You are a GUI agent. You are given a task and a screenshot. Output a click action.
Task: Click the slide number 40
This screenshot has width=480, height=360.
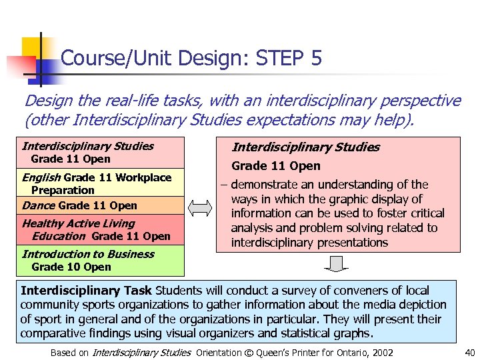pyautogui.click(x=469, y=353)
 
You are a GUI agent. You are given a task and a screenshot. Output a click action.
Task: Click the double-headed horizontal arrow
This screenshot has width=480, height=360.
pyautogui.click(x=199, y=209)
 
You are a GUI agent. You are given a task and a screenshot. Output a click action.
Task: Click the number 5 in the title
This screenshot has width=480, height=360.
pyautogui.click(x=316, y=59)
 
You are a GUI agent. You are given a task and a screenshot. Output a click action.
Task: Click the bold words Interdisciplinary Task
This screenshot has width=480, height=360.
pyautogui.click(x=87, y=291)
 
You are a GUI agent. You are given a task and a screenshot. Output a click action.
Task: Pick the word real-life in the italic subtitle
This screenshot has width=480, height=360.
pyautogui.click(x=114, y=101)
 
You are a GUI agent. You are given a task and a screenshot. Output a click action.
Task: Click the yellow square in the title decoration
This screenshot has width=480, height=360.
pyautogui.click(x=33, y=47)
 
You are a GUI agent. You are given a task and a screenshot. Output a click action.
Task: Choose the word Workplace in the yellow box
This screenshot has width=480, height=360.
pyautogui.click(x=143, y=177)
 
